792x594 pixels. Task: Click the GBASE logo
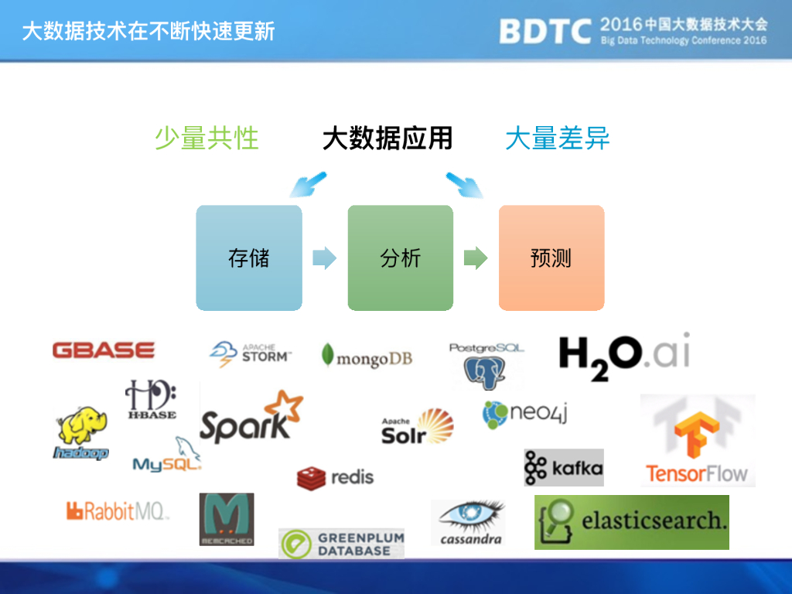coord(104,350)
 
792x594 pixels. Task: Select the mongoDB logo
coord(367,357)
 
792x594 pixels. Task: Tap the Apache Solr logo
coord(417,427)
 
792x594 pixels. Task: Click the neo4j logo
coord(525,415)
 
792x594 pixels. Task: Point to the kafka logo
coord(563,467)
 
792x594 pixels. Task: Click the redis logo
coord(335,476)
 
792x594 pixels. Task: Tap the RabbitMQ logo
coord(116,510)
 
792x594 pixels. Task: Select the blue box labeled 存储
coord(249,258)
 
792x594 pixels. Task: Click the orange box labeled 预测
coord(551,258)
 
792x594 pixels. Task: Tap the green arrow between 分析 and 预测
coord(475,258)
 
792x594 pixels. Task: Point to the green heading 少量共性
coord(207,138)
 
